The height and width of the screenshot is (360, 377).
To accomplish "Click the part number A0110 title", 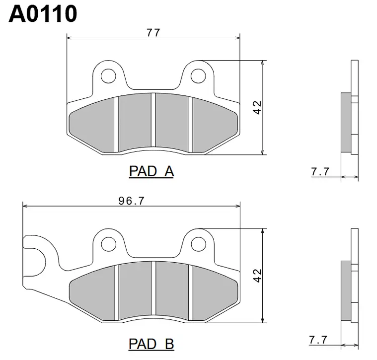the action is coord(43,14).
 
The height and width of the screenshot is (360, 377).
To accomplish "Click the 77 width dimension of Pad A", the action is coord(153,33).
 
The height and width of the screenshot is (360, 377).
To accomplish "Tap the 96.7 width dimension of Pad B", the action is coord(131,201).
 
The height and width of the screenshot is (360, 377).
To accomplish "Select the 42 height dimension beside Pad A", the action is coord(257,107).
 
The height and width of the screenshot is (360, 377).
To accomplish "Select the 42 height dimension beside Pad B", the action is coord(257,276).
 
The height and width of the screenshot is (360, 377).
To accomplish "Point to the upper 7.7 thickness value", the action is coord(320,172).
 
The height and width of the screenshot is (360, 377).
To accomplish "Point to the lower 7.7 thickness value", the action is coord(318,340).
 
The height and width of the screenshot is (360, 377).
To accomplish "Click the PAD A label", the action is coord(151,171).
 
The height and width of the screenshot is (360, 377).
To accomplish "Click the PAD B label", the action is coord(151,344).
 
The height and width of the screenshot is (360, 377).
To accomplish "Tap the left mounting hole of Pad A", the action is coord(108,76).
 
